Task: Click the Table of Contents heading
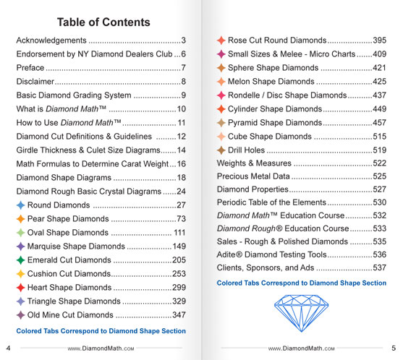point(103,22)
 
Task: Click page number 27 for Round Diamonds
point(181,205)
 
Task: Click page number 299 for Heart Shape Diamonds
point(179,288)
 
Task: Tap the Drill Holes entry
point(250,150)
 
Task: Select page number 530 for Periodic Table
point(379,202)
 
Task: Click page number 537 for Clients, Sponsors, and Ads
point(379,268)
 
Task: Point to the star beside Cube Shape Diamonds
point(221,136)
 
